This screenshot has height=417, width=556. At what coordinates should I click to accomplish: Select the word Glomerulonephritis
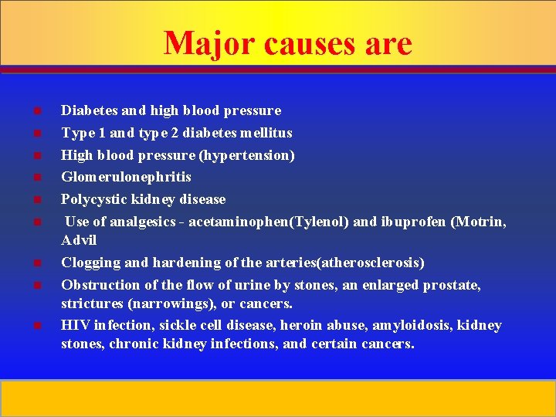(126, 177)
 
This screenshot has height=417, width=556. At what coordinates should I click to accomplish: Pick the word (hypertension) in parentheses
(247, 155)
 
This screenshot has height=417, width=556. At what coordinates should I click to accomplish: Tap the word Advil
(79, 240)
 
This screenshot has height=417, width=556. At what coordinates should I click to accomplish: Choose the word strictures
(93, 303)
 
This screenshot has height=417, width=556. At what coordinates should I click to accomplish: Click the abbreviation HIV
(75, 325)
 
